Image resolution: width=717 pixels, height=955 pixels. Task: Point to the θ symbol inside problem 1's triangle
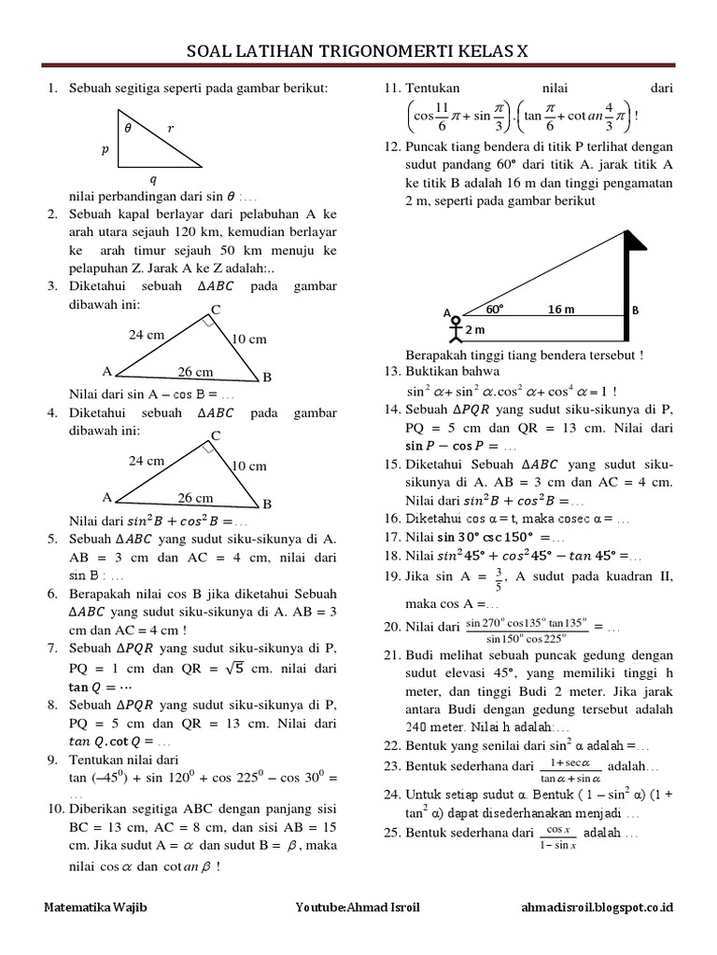tap(129, 130)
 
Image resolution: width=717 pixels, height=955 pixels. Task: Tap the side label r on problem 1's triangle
tap(171, 130)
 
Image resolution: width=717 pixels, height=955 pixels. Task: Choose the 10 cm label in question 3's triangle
tap(249, 339)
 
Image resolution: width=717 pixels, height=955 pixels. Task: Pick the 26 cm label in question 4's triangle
tap(195, 498)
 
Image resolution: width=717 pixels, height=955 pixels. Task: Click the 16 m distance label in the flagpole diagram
tap(561, 309)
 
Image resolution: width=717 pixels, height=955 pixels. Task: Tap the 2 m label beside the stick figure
tap(477, 330)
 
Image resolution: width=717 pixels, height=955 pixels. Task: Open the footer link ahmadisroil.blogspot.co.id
tap(599, 907)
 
